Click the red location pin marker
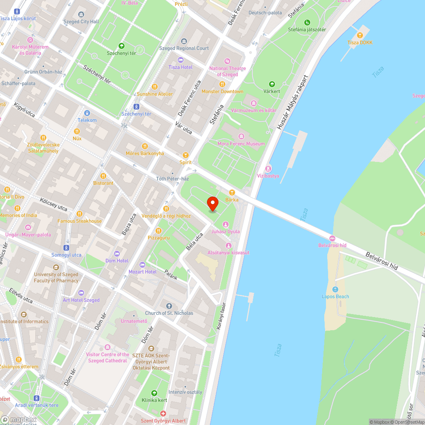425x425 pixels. point(212,203)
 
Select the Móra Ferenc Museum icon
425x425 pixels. point(241,136)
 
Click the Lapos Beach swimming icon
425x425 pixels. point(335,289)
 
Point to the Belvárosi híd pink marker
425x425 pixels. point(332,238)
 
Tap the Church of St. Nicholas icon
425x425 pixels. point(169,306)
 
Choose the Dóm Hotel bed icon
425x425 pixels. point(117,253)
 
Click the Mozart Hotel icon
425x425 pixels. point(142,264)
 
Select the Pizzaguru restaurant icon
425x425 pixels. point(159,230)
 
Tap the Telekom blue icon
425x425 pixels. point(87,113)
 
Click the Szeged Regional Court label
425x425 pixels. point(184,48)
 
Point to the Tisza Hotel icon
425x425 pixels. point(180,60)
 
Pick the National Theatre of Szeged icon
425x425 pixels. point(227,61)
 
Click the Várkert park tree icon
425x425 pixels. point(272,84)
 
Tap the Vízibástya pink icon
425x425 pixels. point(268,168)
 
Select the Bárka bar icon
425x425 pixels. point(232,192)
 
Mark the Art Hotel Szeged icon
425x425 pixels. point(81,293)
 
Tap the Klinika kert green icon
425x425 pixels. point(154,393)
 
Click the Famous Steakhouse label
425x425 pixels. point(79,221)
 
